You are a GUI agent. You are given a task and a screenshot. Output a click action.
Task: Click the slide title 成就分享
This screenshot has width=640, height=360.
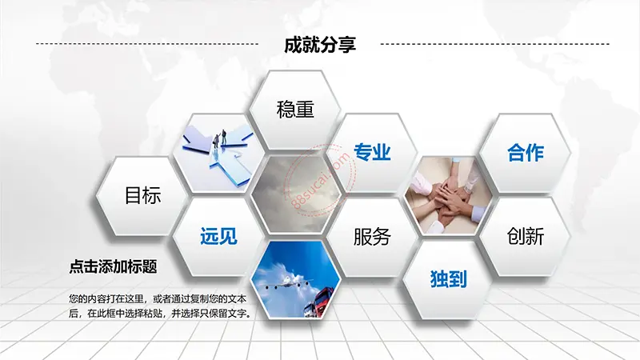click(320, 45)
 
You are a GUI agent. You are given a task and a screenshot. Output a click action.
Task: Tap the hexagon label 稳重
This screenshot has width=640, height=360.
click(295, 110)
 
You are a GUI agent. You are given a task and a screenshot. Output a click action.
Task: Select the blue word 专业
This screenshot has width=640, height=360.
click(372, 152)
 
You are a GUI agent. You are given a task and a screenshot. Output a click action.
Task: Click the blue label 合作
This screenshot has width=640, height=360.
click(526, 153)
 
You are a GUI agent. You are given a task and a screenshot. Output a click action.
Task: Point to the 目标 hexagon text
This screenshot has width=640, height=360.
click(142, 195)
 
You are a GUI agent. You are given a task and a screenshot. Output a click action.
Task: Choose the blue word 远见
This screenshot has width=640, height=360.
click(218, 236)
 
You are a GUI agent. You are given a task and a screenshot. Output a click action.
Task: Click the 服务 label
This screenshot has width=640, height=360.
click(372, 237)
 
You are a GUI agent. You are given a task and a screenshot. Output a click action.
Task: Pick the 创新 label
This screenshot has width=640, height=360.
click(526, 236)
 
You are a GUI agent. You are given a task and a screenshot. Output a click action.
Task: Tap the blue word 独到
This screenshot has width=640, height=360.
click(448, 279)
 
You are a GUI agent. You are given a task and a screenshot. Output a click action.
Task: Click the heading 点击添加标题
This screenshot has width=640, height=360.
click(113, 266)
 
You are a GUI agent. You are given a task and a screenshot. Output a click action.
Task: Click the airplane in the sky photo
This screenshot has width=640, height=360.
click(288, 282)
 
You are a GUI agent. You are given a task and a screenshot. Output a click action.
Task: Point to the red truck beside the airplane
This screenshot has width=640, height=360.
click(321, 302)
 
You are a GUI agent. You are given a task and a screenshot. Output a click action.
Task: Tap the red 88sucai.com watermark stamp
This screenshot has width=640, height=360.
click(321, 179)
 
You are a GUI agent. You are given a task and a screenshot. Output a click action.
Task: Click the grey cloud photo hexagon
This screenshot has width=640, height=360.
click(295, 195)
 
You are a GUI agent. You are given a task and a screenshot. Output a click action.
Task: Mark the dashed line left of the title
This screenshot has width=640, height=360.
click(147, 44)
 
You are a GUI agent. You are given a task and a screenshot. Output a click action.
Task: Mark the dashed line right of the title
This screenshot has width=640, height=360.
click(494, 44)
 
